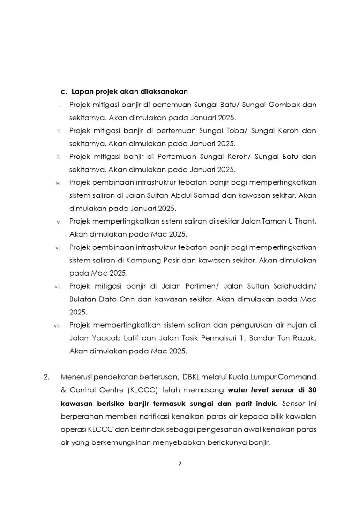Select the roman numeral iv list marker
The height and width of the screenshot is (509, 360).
pyautogui.click(x=58, y=183)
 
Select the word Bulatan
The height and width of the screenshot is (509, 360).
pyautogui.click(x=83, y=299)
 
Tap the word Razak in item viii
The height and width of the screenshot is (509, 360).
pyautogui.click(x=303, y=337)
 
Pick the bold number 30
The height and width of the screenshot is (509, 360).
pyautogui.click(x=311, y=390)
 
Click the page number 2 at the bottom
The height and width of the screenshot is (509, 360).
pyautogui.click(x=180, y=464)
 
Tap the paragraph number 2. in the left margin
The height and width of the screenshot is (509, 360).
pyautogui.click(x=46, y=377)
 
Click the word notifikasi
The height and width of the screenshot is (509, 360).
pyautogui.click(x=140, y=416)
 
